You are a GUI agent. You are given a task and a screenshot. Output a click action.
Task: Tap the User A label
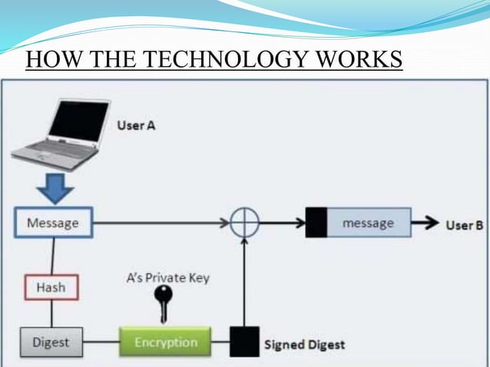[x=137, y=125]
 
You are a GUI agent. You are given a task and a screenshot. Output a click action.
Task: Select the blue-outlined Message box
[x=53, y=223]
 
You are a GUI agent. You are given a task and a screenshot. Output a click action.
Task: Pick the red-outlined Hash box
[x=51, y=288]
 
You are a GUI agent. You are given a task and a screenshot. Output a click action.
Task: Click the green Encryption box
[x=166, y=342]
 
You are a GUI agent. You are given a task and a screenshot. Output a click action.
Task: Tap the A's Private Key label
[x=167, y=277]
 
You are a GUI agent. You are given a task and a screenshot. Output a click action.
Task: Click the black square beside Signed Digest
[x=244, y=342]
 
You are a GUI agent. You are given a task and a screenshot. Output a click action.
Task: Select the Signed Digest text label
[x=304, y=344]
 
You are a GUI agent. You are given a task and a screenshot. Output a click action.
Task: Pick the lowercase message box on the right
[x=368, y=223]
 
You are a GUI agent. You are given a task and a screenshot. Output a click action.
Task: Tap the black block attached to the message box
[x=316, y=223]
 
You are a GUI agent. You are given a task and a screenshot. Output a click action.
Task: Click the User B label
[x=464, y=225]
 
